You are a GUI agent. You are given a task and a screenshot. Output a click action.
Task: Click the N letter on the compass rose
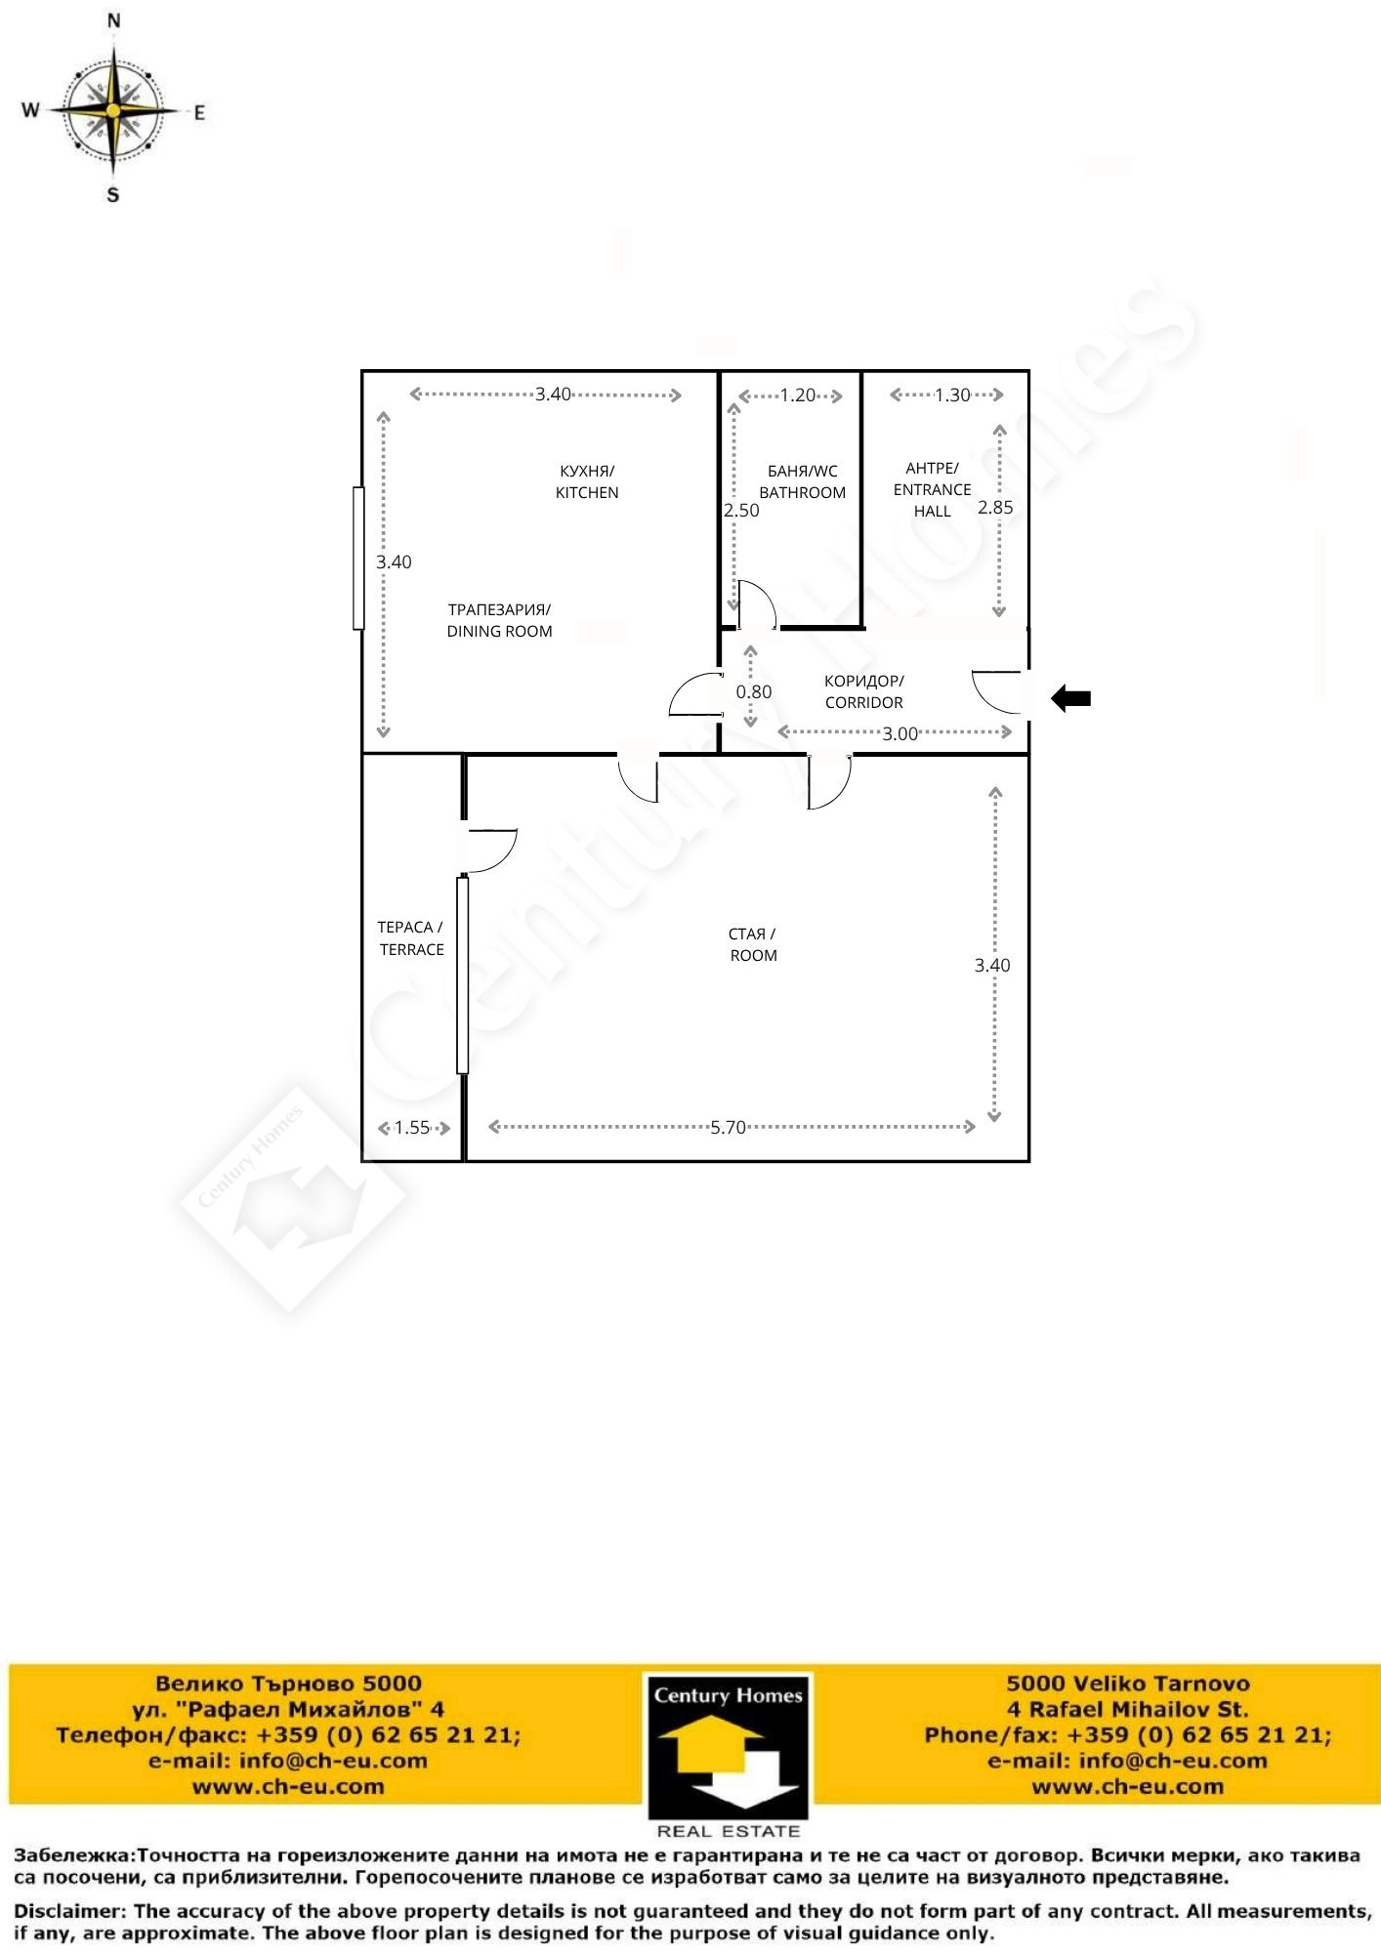[114, 21]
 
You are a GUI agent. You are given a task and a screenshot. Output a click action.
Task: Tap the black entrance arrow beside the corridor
[1070, 698]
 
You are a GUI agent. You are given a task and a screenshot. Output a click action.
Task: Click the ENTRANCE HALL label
[933, 489]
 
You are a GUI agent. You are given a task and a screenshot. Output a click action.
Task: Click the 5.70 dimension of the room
[729, 1128]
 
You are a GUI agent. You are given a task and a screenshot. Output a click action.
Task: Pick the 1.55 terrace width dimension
[412, 1128]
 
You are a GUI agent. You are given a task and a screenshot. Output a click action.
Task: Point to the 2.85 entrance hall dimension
[995, 507]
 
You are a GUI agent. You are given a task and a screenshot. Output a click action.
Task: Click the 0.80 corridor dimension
[754, 691]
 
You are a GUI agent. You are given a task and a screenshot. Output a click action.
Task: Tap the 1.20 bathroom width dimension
[798, 395]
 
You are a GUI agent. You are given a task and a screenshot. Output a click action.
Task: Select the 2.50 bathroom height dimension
[741, 510]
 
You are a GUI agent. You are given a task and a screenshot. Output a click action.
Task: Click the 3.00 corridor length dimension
[900, 733]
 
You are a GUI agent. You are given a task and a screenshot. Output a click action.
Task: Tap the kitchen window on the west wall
[358, 558]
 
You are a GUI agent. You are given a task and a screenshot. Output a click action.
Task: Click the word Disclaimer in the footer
[67, 1910]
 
